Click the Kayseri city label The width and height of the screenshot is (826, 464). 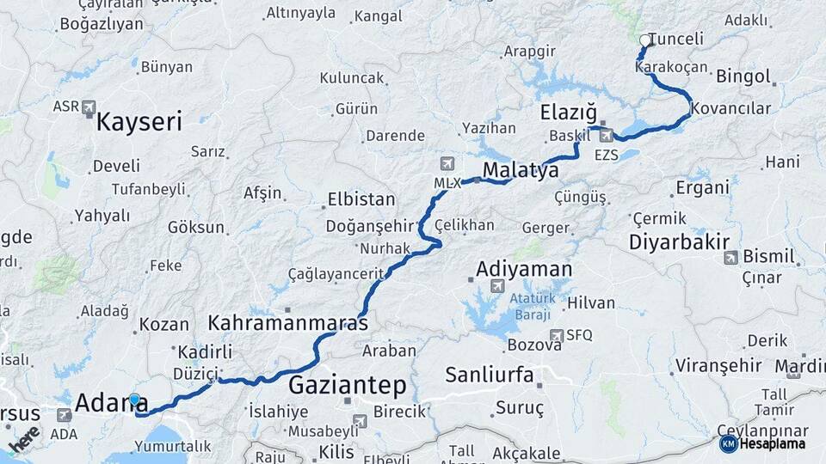pyautogui.click(x=139, y=122)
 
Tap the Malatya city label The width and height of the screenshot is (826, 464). pyautogui.click(x=521, y=170)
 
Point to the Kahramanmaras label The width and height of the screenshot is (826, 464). pyautogui.click(x=287, y=324)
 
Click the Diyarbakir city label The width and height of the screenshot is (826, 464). pyautogui.click(x=679, y=242)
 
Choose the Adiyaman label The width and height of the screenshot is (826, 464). pyautogui.click(x=524, y=269)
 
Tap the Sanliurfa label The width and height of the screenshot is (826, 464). pyautogui.click(x=490, y=375)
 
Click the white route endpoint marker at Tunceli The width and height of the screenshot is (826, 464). pyautogui.click(x=645, y=40)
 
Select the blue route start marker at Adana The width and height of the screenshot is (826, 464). pyautogui.click(x=134, y=400)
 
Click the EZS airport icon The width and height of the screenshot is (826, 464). pyautogui.click(x=607, y=135)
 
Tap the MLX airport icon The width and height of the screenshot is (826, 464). pyautogui.click(x=447, y=163)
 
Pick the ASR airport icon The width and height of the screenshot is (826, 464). pyautogui.click(x=89, y=107)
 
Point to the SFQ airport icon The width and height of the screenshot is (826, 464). pyautogui.click(x=557, y=335)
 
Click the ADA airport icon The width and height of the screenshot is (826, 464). pyautogui.click(x=64, y=415)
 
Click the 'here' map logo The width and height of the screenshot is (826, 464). pyautogui.click(x=23, y=439)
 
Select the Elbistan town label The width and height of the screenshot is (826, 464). pyautogui.click(x=361, y=199)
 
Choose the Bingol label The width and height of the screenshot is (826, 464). pyautogui.click(x=743, y=76)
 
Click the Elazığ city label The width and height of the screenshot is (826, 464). pyautogui.click(x=568, y=113)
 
